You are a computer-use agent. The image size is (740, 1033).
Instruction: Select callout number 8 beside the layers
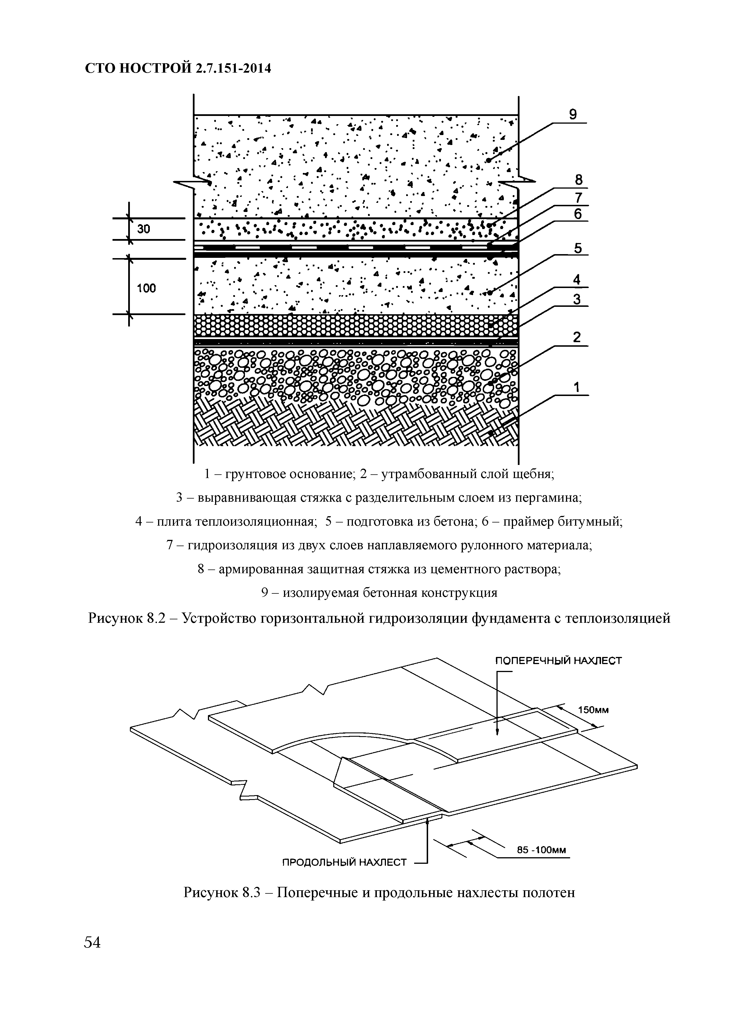pyautogui.click(x=578, y=180)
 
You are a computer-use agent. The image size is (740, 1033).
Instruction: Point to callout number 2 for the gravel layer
pyautogui.click(x=577, y=338)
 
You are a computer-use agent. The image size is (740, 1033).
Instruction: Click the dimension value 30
pyautogui.click(x=144, y=229)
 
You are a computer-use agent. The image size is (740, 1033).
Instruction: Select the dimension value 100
pyautogui.click(x=146, y=287)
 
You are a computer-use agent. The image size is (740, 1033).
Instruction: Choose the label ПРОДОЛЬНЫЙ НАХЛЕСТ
pyautogui.click(x=344, y=862)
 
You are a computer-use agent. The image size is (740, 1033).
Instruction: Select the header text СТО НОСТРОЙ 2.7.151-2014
pyautogui.click(x=178, y=68)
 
